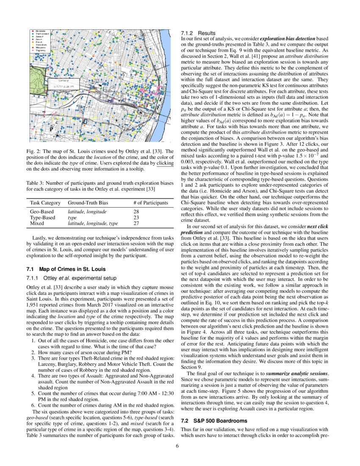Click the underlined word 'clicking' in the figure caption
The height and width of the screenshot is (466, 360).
point(165,163)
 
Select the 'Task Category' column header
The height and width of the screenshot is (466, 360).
point(45,203)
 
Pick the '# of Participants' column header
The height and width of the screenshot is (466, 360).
point(150,203)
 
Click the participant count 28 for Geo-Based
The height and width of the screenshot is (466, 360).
point(136,211)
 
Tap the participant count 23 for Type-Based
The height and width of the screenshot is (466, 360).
point(136,217)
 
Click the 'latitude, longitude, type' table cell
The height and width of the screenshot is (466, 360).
point(93,223)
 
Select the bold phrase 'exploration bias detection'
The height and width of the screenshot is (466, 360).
point(287,39)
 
